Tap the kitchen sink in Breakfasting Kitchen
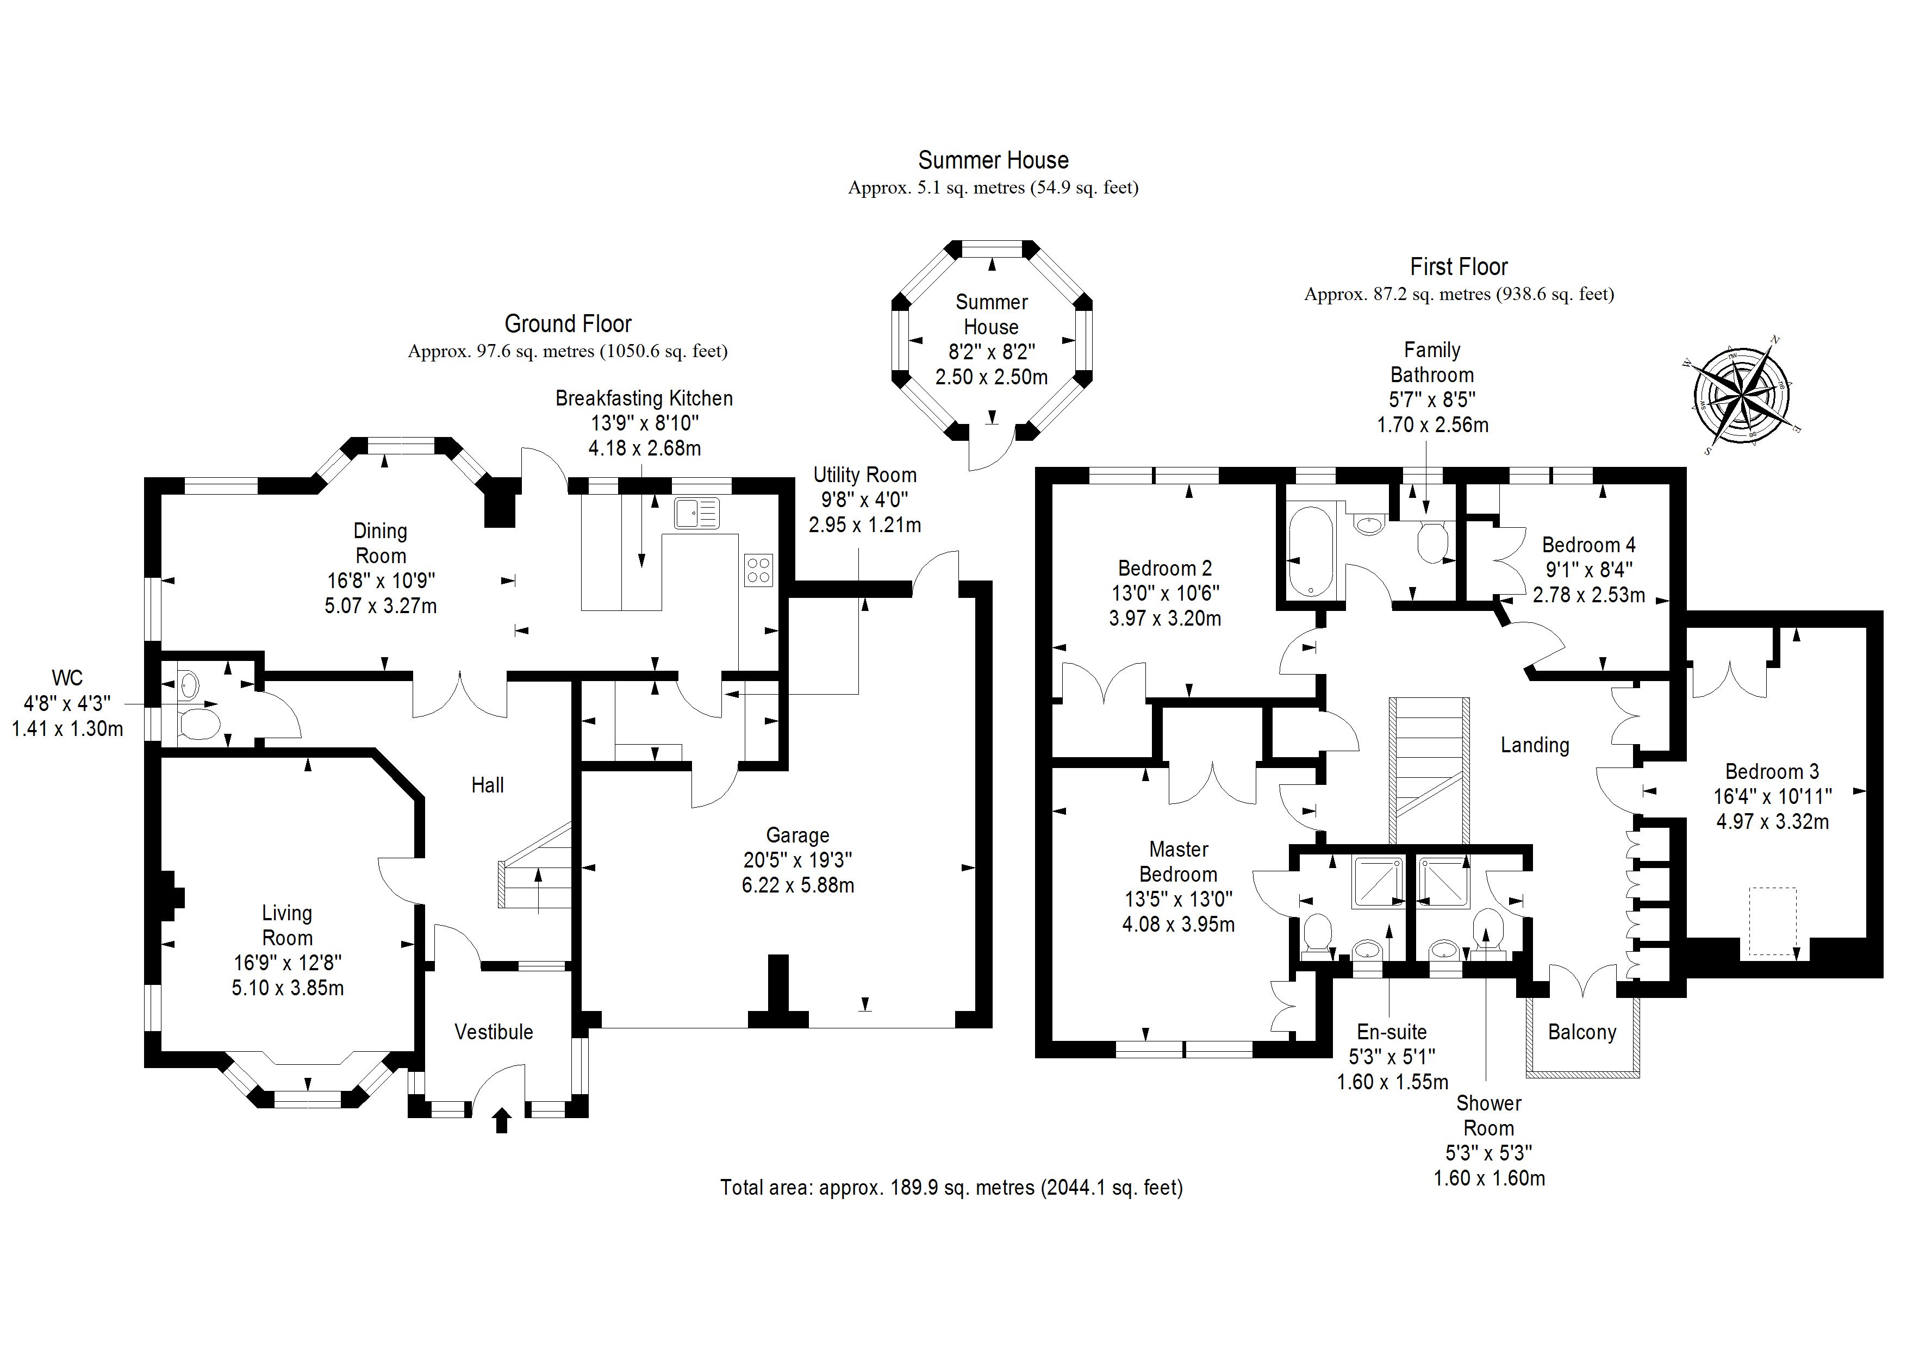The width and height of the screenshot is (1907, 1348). [696, 513]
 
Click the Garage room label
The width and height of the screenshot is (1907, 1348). [797, 835]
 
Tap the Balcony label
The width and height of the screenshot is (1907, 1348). [1581, 1032]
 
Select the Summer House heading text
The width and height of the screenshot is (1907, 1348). [993, 160]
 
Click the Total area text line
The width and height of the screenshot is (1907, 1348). [951, 1188]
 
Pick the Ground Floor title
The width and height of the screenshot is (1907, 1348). [568, 324]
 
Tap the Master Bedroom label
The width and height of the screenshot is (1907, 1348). [1178, 862]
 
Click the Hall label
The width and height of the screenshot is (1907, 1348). [488, 785]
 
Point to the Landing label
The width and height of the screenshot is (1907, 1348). [1534, 745]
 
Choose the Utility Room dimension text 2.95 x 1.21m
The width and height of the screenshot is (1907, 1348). [865, 525]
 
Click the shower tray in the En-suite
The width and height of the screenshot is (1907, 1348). [1379, 883]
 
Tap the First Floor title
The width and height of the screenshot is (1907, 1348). [1459, 267]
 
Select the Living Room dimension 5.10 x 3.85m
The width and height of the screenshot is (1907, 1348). [288, 988]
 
